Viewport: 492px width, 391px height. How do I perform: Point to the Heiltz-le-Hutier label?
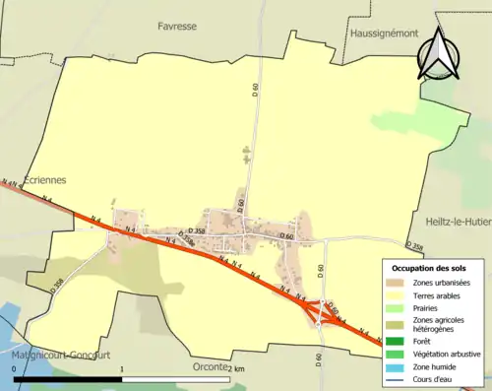tap(459, 224)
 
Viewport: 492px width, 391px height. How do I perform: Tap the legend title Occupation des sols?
tap(429, 268)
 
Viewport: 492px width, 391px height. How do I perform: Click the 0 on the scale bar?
tap(15, 368)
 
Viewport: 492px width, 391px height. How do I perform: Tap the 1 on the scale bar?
tap(122, 368)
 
